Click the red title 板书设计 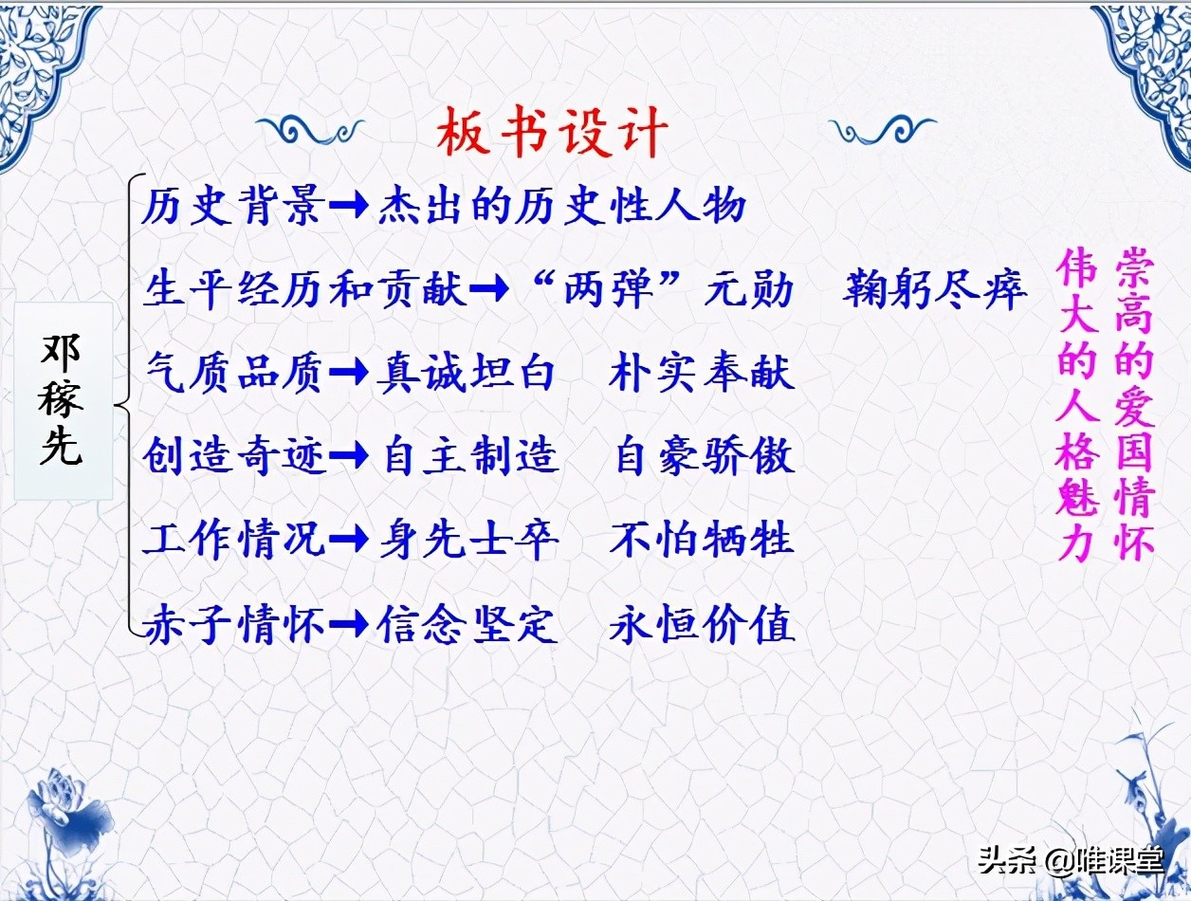point(552,133)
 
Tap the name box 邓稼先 point(63,400)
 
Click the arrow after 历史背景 point(350,207)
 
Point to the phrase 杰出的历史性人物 point(561,206)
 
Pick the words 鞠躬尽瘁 point(935,289)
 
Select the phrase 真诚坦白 point(466,373)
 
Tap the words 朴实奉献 point(701,373)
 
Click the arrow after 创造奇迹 point(350,456)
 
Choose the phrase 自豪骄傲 point(705,456)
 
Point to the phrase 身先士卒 point(468,540)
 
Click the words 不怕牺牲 point(701,540)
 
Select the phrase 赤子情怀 point(234,624)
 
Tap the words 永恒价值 point(702,624)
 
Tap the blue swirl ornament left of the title point(310,131)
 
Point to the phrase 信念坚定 point(467,624)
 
